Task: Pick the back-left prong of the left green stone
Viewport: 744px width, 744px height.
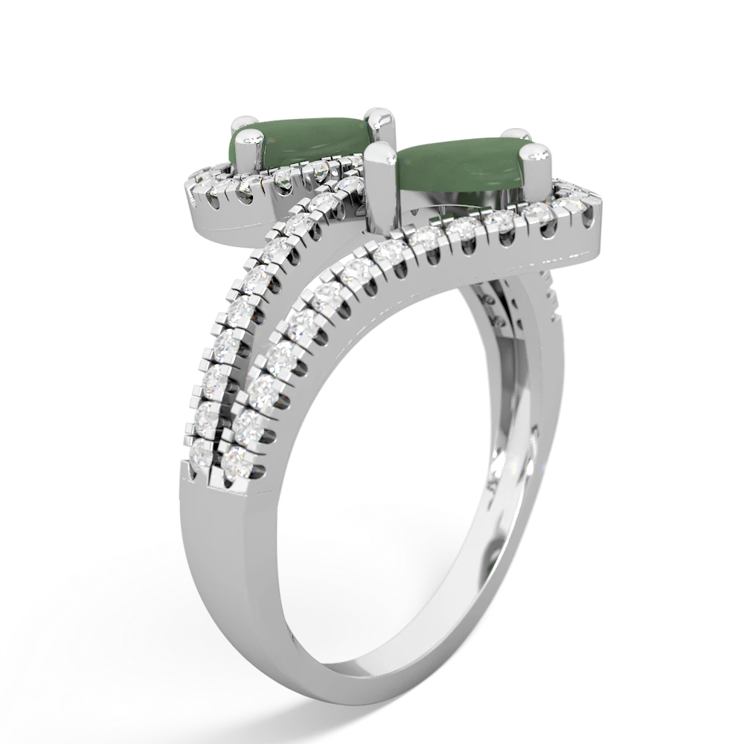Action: [243, 118]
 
